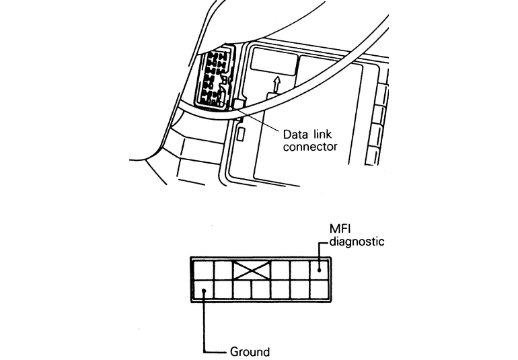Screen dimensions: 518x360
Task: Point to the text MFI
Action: pos(338,229)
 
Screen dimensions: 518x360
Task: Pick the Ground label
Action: pos(250,351)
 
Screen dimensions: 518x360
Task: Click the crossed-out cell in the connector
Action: pos(251,271)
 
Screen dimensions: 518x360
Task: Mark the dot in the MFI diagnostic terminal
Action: pos(318,271)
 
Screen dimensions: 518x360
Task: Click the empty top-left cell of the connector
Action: pos(203,271)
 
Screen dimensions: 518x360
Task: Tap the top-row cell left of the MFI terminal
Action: pos(299,271)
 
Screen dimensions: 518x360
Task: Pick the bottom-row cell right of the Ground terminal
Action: pos(223,290)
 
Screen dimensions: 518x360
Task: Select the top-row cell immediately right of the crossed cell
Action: pos(280,271)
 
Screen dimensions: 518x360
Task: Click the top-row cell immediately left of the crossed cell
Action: pos(223,271)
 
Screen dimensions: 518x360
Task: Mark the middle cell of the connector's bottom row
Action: pos(261,290)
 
